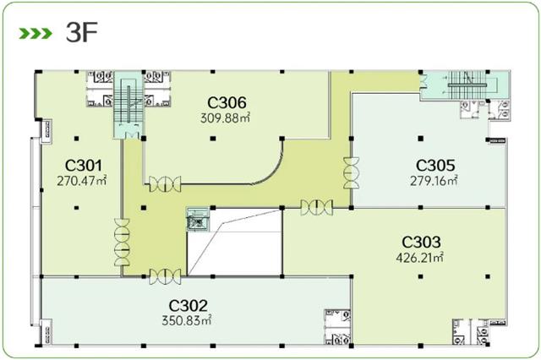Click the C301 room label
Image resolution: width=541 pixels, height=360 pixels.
click(84, 166)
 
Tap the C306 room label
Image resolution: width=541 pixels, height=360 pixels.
click(227, 103)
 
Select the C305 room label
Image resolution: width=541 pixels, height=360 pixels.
click(435, 166)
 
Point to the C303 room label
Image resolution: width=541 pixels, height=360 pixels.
click(421, 242)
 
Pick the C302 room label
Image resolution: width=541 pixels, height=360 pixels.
click(188, 306)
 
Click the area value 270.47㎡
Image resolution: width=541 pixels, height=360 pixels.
click(81, 181)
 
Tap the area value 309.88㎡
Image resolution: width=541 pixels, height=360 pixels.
click(225, 118)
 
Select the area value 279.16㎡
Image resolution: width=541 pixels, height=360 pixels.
click(434, 181)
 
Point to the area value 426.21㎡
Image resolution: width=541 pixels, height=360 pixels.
click(419, 258)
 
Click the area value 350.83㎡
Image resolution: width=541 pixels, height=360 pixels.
click(186, 320)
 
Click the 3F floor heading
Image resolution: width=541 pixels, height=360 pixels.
click(82, 33)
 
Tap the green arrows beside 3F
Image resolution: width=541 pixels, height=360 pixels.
click(36, 34)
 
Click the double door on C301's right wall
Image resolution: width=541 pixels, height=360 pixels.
click(122, 242)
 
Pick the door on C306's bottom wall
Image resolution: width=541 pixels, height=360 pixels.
click(165, 184)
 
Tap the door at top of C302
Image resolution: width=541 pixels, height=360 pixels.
click(165, 276)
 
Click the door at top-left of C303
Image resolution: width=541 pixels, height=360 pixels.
click(316, 208)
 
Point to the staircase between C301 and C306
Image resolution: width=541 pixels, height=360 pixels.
click(128, 105)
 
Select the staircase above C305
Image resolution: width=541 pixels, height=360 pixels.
click(467, 85)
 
